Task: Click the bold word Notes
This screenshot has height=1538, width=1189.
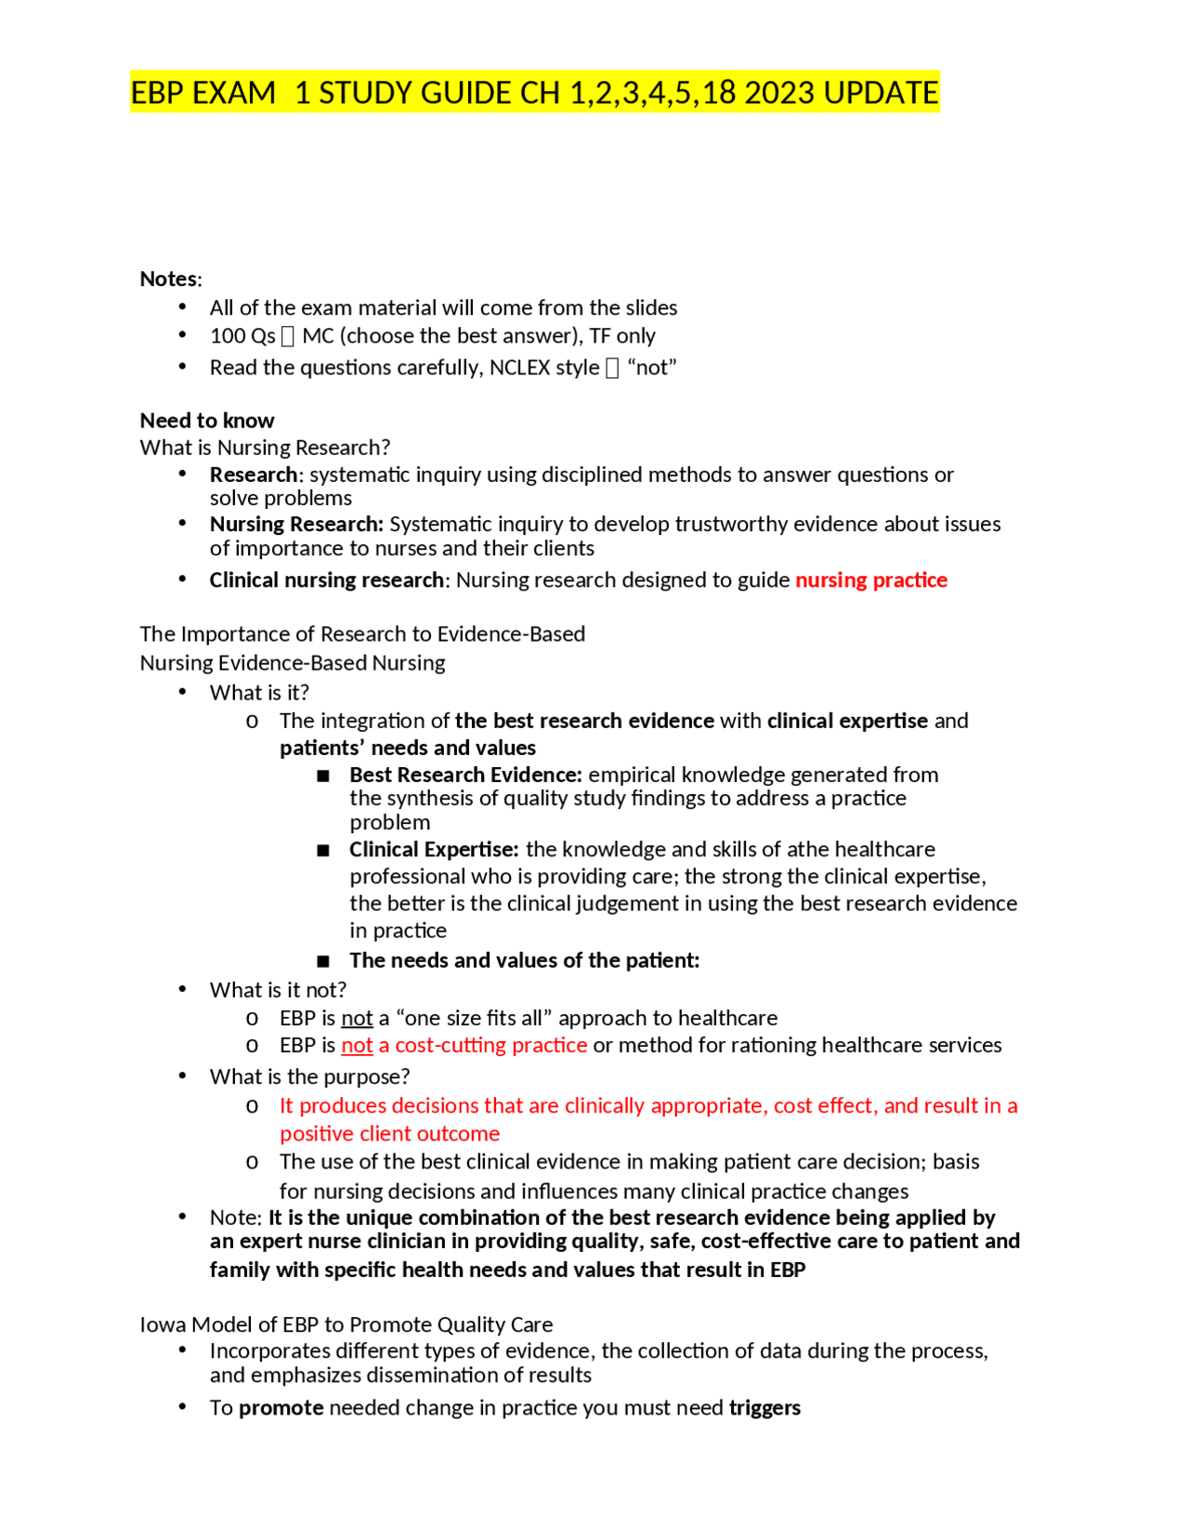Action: point(168,279)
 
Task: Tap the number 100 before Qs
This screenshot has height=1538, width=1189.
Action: point(226,336)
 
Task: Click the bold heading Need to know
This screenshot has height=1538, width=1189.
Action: point(206,421)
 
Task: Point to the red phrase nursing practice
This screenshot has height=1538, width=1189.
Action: point(870,580)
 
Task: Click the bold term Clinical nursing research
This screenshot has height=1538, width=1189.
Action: point(326,580)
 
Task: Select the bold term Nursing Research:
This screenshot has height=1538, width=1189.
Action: point(295,525)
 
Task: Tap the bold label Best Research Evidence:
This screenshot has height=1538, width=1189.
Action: point(465,776)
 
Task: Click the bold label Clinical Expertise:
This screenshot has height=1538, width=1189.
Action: point(434,850)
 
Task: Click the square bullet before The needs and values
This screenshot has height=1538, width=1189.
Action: point(323,961)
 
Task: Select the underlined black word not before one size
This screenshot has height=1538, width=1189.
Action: point(357,1019)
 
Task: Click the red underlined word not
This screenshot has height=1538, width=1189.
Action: point(357,1046)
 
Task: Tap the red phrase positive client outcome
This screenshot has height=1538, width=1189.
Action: point(389,1134)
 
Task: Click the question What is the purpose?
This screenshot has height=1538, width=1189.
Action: point(309,1077)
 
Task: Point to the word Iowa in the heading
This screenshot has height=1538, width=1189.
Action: point(162,1325)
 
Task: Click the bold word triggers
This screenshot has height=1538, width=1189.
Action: point(764,1409)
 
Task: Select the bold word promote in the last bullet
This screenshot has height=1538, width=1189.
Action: point(281,1409)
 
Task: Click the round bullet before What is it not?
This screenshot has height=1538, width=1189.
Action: point(183,989)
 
